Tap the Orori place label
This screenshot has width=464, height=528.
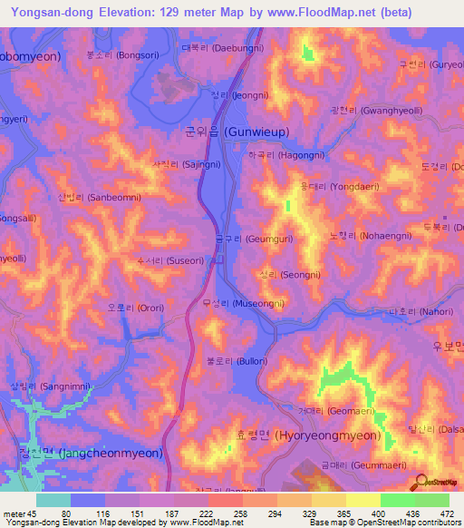[136, 308]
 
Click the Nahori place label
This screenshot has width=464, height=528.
[414, 311]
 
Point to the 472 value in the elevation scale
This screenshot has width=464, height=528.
[449, 514]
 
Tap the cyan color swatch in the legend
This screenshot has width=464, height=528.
[53, 500]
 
